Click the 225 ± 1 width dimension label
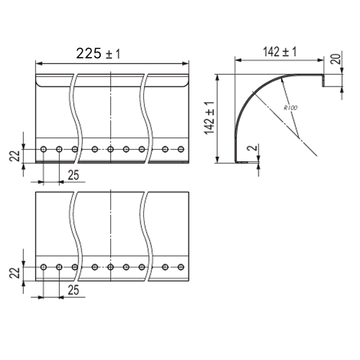pyautogui.click(x=98, y=53)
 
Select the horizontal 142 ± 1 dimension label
pyautogui.click(x=280, y=52)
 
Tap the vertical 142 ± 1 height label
pyautogui.click(x=210, y=118)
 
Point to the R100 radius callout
pyautogui.click(x=290, y=108)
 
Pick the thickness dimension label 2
pyautogui.click(x=253, y=148)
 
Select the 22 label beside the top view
pyautogui.click(x=14, y=156)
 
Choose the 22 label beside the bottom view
pyautogui.click(x=14, y=273)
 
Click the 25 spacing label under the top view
pyautogui.click(x=73, y=175)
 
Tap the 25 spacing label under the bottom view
pyautogui.click(x=73, y=290)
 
